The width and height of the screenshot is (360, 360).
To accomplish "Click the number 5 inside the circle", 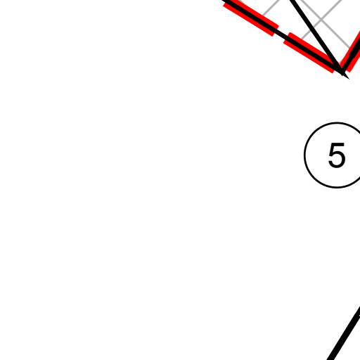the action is tap(337, 155).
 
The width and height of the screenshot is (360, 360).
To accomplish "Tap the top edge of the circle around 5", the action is tap(337, 122).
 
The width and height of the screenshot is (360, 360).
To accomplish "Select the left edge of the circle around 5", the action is tap(304, 155).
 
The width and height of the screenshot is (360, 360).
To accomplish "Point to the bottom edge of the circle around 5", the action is tap(337, 187).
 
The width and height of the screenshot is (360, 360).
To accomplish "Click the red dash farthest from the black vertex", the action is tap(251, 18).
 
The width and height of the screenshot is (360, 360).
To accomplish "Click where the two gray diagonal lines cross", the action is tap(321, 20).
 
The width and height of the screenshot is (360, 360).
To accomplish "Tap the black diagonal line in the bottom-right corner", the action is tap(344, 333).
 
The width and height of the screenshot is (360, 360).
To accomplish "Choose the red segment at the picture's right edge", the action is tap(352, 51).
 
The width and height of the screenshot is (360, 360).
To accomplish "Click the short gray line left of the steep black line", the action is tap(271, 9).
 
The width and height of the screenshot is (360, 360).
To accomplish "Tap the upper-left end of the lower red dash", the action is tap(287, 38).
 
